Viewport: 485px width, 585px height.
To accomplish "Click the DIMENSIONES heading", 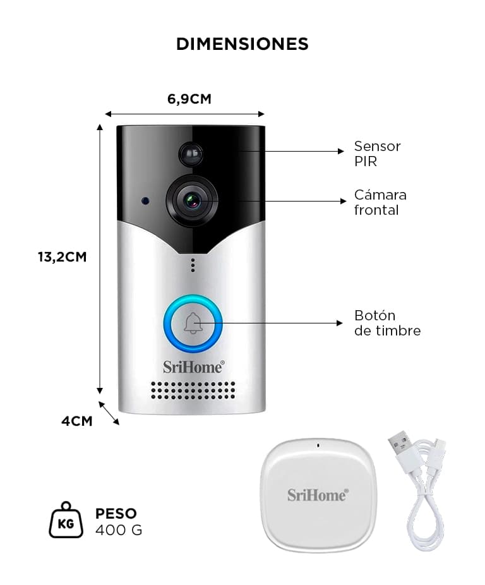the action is click(x=242, y=44).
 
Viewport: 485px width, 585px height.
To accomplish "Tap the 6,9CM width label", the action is click(x=189, y=99).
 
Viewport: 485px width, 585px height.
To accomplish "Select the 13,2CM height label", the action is click(x=63, y=257).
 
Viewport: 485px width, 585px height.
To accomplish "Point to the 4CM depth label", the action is click(x=77, y=421).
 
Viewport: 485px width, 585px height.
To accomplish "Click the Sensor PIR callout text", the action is click(x=377, y=154).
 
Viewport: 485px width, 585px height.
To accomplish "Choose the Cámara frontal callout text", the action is click(x=380, y=202).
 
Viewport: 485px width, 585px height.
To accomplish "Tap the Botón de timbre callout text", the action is click(x=387, y=323).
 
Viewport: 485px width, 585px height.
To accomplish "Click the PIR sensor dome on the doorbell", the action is click(x=191, y=154).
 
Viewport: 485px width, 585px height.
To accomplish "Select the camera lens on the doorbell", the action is click(x=192, y=202).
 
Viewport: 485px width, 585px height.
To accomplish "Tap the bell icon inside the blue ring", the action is click(x=193, y=323).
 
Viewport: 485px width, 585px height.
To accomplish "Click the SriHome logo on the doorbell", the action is click(x=194, y=367).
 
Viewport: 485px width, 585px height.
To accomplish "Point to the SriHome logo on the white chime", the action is click(x=318, y=495).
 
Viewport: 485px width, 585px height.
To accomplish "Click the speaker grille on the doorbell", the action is click(x=193, y=390).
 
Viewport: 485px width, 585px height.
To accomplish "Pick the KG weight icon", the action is click(x=66, y=520).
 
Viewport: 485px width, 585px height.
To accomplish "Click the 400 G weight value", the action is click(x=119, y=530).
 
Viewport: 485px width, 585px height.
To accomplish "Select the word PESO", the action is click(x=116, y=514).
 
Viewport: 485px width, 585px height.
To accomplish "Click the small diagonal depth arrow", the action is click(x=109, y=413).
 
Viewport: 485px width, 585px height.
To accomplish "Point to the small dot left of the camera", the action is click(x=145, y=201).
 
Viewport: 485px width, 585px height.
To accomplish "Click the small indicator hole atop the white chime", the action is click(x=318, y=445).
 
